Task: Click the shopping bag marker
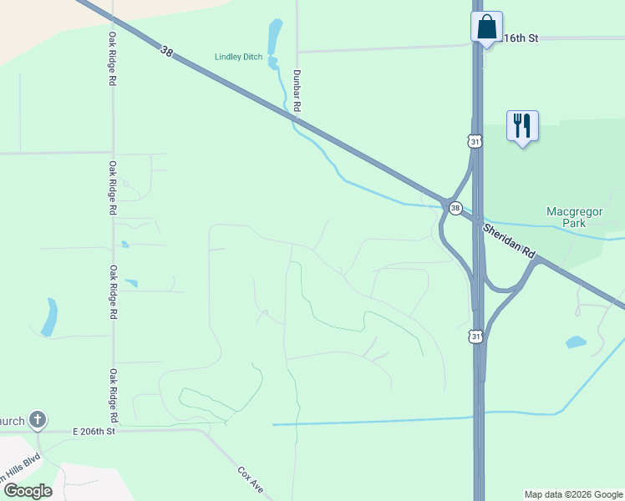coord(486,27)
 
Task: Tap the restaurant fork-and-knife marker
coord(522,126)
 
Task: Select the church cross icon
coord(37,419)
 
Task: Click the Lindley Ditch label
coord(239,57)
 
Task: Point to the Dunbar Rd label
coord(297,90)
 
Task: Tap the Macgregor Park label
coord(574,217)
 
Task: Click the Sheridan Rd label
coord(509,242)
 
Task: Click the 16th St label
coord(520,38)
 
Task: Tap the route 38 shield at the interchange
coord(455,208)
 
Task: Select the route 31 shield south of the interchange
coord(475,336)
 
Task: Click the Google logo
coord(27,491)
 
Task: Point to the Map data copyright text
coord(573,494)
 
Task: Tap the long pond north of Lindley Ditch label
coord(274,38)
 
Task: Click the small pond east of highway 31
coord(576,342)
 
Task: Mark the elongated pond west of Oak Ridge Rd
coord(50,317)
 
